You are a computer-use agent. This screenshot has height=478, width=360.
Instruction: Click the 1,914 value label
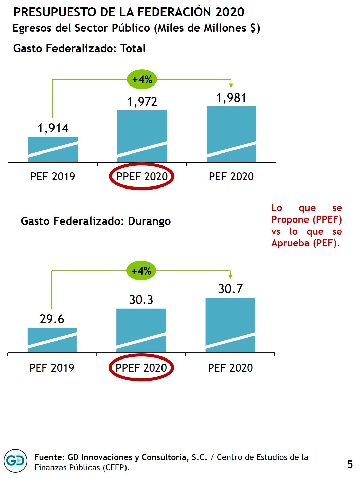pyautogui.click(x=53, y=128)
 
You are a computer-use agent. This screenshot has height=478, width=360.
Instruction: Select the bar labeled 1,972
pyautogui.click(x=142, y=136)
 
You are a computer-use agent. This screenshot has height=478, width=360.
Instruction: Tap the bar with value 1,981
pyautogui.click(x=231, y=134)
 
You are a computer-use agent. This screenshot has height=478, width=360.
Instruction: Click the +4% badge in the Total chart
pyautogui.click(x=142, y=80)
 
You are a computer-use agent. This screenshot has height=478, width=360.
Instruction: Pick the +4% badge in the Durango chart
pyautogui.click(x=141, y=271)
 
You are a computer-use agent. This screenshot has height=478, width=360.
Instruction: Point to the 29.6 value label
pyautogui.click(x=52, y=319)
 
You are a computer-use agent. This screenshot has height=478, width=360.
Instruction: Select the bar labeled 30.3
pyautogui.click(x=141, y=330)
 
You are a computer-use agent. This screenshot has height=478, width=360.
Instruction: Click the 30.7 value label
pyautogui.click(x=230, y=289)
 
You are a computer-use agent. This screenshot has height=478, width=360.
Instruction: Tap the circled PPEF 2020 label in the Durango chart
pyautogui.click(x=141, y=368)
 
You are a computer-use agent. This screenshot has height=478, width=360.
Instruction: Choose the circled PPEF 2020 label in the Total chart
pyautogui.click(x=142, y=176)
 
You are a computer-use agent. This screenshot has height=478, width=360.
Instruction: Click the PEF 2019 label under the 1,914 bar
pyautogui.click(x=53, y=176)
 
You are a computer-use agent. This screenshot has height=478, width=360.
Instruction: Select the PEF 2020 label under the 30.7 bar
pyautogui.click(x=230, y=368)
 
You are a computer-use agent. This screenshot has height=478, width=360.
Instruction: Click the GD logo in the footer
pyautogui.click(x=15, y=461)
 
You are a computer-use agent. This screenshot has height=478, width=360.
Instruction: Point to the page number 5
pyautogui.click(x=350, y=465)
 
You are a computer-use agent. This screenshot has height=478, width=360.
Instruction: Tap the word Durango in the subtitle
pyautogui.click(x=149, y=221)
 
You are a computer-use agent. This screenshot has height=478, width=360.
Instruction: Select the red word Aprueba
pyautogui.click(x=290, y=243)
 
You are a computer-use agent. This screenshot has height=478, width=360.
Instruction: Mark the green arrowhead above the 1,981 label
pyautogui.click(x=231, y=85)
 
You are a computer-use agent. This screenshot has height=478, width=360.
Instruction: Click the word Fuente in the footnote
pyautogui.click(x=49, y=457)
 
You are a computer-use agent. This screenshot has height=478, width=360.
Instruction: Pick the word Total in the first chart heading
pyautogui.click(x=133, y=48)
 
